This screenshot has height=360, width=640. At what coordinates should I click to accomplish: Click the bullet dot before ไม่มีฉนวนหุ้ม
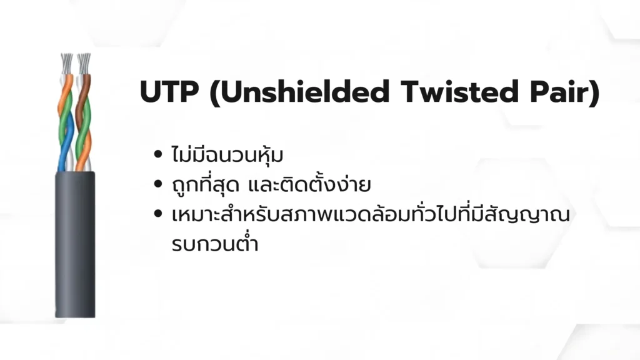158,154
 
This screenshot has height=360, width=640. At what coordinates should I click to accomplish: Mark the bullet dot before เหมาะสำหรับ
158,214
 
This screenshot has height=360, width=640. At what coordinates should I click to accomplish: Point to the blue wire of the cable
62,156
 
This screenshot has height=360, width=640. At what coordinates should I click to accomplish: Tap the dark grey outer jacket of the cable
75,244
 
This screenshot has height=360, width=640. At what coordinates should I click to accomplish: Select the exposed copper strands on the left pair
66,62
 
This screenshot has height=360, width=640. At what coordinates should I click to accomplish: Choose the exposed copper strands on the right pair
84,62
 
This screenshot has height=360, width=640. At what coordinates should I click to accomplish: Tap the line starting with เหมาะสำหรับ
369,214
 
